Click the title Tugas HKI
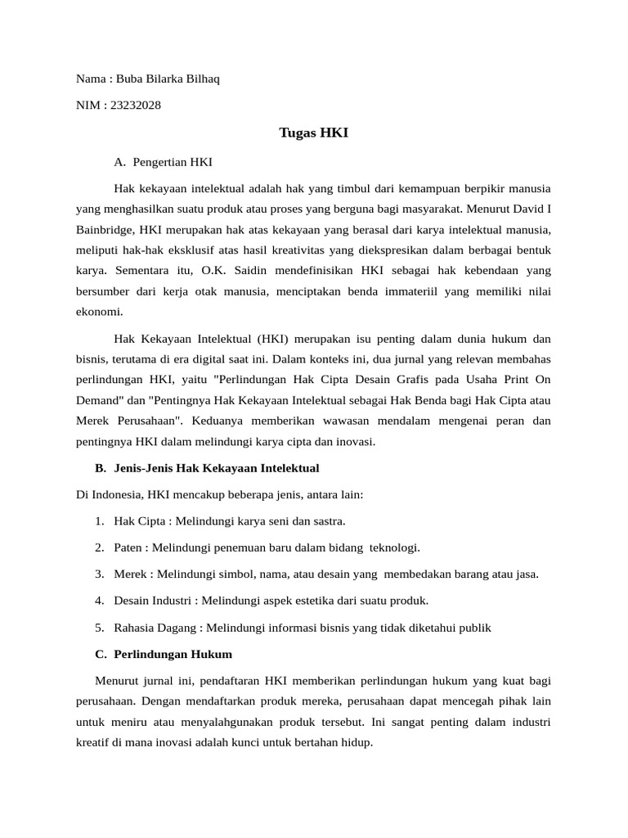314,133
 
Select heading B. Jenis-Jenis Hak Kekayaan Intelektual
207,468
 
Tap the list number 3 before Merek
98,574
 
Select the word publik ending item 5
475,628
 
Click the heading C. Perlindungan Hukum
164,654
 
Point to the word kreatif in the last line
94,742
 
